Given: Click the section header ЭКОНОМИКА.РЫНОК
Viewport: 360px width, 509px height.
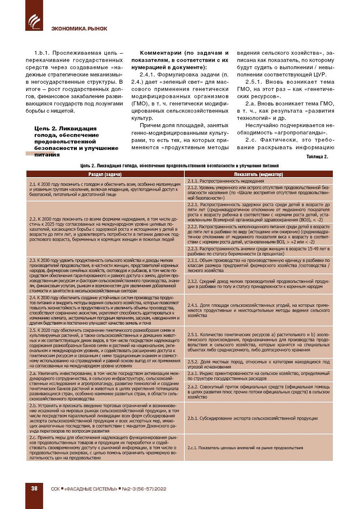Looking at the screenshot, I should (x=79, y=29).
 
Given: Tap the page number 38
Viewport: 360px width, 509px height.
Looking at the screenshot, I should (x=34, y=488).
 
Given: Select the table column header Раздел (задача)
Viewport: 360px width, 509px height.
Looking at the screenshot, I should (x=105, y=174).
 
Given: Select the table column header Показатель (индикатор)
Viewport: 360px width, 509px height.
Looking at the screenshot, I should (x=259, y=174).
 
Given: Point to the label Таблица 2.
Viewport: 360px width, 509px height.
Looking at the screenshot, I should (x=317, y=157).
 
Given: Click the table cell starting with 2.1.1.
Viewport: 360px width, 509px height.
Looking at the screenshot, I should (x=259, y=181).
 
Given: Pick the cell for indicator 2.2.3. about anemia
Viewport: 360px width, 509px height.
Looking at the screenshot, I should (x=259, y=251).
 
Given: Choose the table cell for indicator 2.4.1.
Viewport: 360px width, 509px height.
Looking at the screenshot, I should (x=259, y=310).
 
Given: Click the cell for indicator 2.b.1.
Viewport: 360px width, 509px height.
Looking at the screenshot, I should (x=259, y=418).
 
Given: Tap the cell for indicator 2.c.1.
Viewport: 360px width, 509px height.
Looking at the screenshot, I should (x=259, y=448).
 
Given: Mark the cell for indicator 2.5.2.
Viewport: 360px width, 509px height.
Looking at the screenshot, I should (x=259, y=364).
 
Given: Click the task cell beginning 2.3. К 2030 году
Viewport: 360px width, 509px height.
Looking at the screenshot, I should (x=105, y=275).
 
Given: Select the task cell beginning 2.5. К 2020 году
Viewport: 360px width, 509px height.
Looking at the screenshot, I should (x=105, y=348).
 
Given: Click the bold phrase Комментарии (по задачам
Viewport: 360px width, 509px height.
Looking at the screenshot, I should (x=180, y=60).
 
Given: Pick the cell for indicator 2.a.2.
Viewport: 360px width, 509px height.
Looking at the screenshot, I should (x=259, y=392).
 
